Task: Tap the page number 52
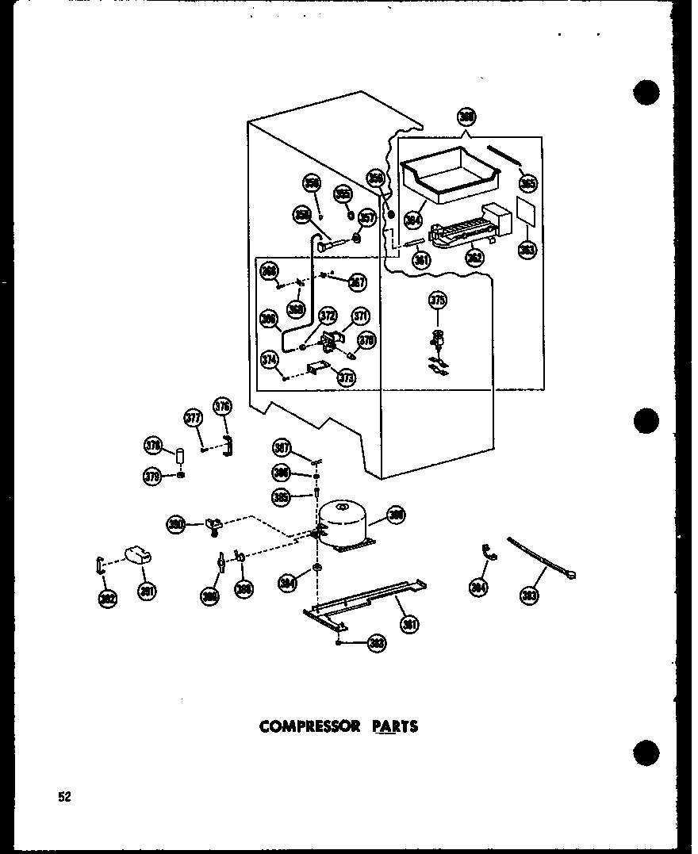click(x=63, y=797)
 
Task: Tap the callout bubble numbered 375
click(x=438, y=300)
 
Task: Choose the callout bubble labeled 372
click(x=327, y=316)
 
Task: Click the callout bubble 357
click(x=366, y=218)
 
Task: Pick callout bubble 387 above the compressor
click(x=281, y=446)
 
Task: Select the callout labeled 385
click(x=280, y=498)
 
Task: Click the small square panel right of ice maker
click(x=524, y=212)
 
